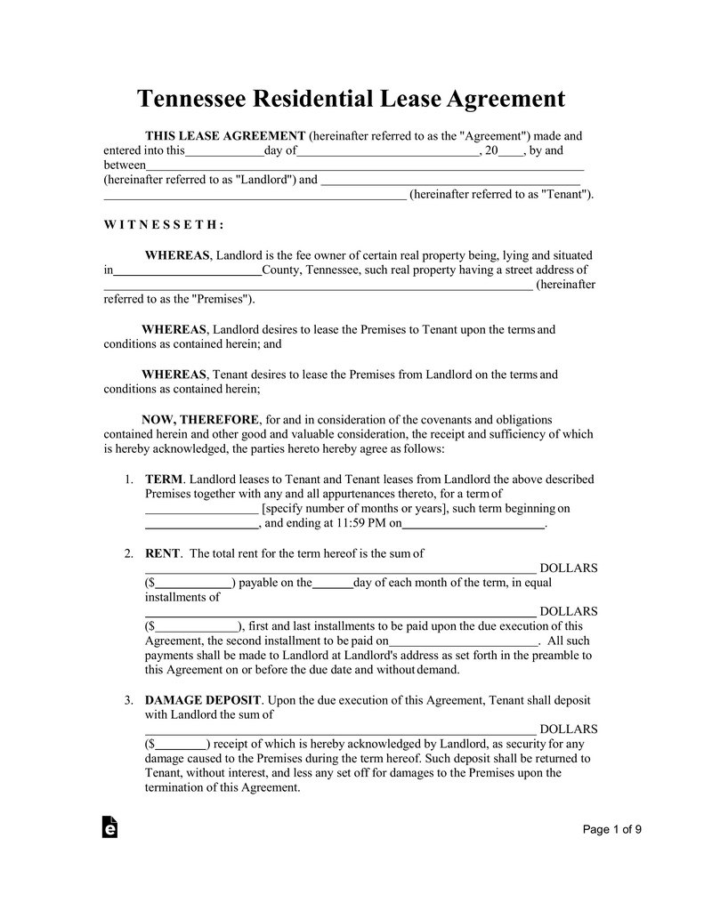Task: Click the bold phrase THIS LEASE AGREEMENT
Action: coord(225,136)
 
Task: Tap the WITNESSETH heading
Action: coord(164,225)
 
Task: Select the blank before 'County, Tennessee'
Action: coord(188,270)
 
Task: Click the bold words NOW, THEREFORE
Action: coord(200,420)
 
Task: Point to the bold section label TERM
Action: coord(164,480)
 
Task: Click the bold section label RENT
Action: coord(163,553)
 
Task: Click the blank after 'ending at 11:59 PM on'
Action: coord(473,524)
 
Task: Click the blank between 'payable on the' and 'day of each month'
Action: coord(333,584)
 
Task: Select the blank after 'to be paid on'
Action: coord(464,641)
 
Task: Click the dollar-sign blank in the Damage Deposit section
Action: coord(181,745)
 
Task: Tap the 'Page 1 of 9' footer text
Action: coord(612,830)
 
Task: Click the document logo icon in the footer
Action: coord(110,826)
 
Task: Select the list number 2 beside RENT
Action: coord(129,553)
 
